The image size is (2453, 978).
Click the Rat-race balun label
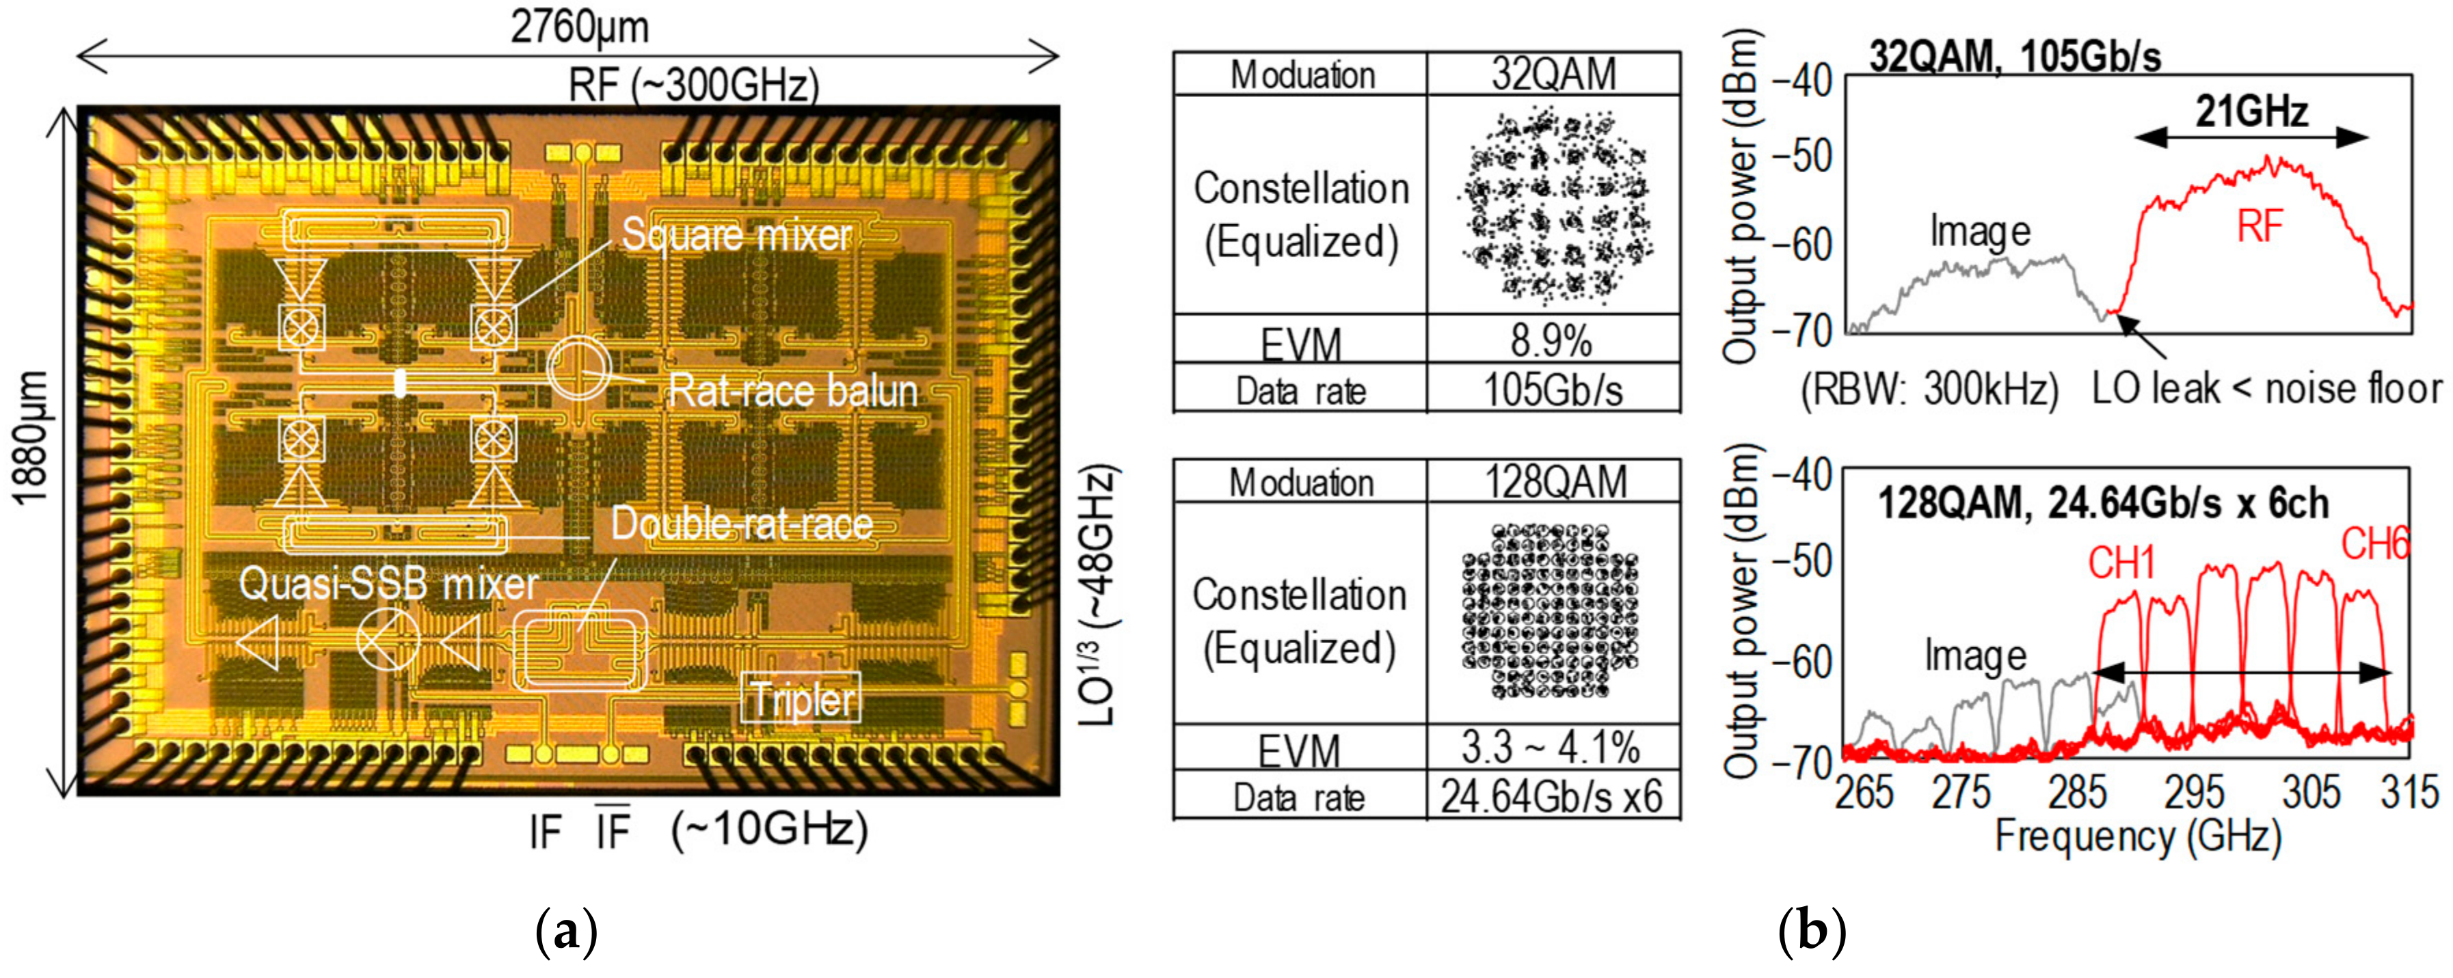coord(792,392)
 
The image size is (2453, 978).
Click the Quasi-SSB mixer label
coord(388,583)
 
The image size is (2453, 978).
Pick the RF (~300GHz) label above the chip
coord(693,85)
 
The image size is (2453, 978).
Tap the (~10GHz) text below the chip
coord(769,830)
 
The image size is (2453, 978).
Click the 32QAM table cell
coord(1553,73)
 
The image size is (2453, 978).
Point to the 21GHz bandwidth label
coord(2252,112)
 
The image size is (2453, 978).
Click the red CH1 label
coord(2121,565)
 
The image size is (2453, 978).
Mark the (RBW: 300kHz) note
coord(1929,390)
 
